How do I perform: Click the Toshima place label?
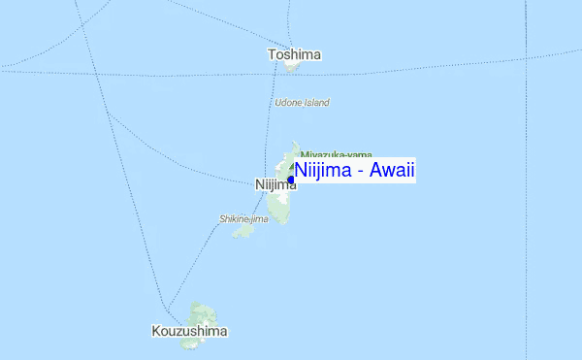point(295,55)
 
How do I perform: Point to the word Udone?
point(289,102)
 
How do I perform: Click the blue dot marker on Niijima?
point(291,180)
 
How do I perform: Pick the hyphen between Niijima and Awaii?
point(361,172)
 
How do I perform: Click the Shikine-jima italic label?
point(243,219)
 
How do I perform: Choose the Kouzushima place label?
point(190,331)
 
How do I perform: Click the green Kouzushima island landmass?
point(204,314)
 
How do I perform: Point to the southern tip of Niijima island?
point(281,223)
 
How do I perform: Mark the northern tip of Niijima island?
point(295,143)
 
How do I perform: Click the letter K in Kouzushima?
point(157,331)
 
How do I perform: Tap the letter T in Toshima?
point(273,55)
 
